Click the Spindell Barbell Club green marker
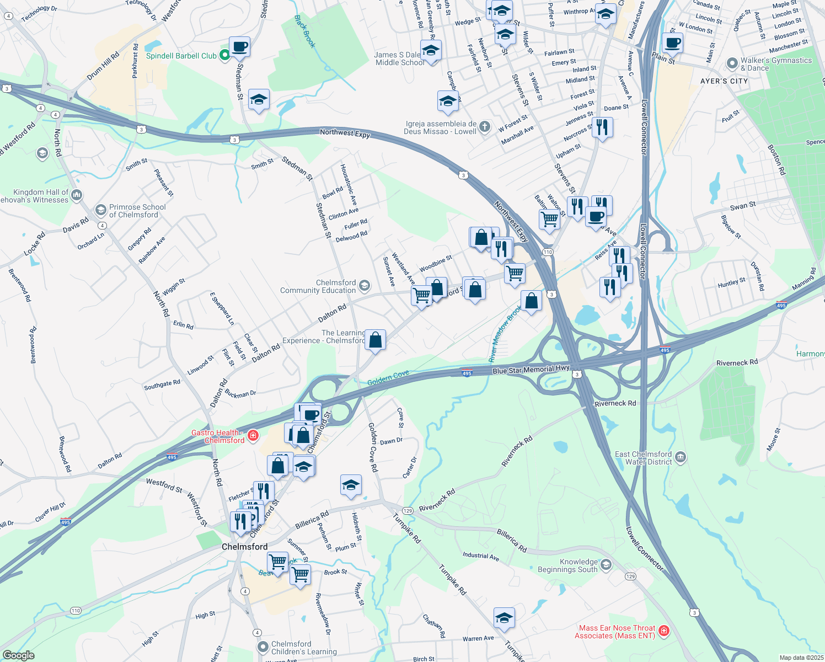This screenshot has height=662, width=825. pos(224,55)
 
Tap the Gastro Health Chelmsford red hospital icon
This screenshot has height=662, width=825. pos(253,436)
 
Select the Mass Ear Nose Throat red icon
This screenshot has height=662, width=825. pos(664,631)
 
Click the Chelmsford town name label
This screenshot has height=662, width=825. pos(244,547)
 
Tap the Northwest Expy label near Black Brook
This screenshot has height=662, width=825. pos(345,133)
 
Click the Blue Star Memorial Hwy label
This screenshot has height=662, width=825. pos(531,370)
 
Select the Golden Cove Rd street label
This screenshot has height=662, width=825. pos(373,447)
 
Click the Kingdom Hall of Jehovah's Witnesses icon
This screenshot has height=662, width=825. pos(77,195)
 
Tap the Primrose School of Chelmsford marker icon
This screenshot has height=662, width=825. pos(100,210)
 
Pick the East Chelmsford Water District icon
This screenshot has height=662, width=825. pos(681,457)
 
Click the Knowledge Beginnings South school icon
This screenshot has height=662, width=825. pos(606,564)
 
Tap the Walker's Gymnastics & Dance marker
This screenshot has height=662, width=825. pos(732,63)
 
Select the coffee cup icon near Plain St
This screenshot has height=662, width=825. pos(672,43)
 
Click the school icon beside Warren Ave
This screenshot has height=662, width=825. pos(504,618)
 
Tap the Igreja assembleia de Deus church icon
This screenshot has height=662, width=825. pos(484,127)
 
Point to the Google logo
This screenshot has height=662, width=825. pos(19,655)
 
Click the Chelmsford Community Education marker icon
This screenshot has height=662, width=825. pos(364,286)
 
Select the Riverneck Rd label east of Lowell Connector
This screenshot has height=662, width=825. pos(737,362)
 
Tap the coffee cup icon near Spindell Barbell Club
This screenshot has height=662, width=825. pos(239,47)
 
